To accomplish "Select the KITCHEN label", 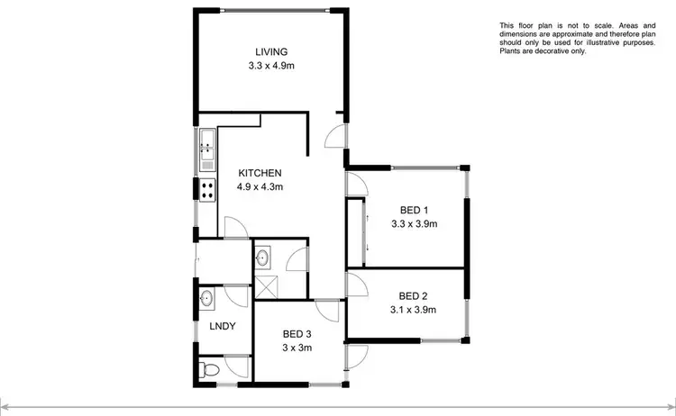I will pos(260,173).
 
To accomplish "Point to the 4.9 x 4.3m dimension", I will pos(260,187).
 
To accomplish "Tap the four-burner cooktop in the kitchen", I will pos(206,190).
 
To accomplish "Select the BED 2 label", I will pos(414,296).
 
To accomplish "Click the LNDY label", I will pos(223,326).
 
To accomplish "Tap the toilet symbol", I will pos(208,368).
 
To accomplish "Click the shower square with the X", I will pos(266,286).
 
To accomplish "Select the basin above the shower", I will pos(264,258).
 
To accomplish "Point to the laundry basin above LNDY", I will pos(206,298).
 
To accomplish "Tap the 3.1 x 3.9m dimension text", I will pos(414,311).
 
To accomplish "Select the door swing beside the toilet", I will pos(236,365).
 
